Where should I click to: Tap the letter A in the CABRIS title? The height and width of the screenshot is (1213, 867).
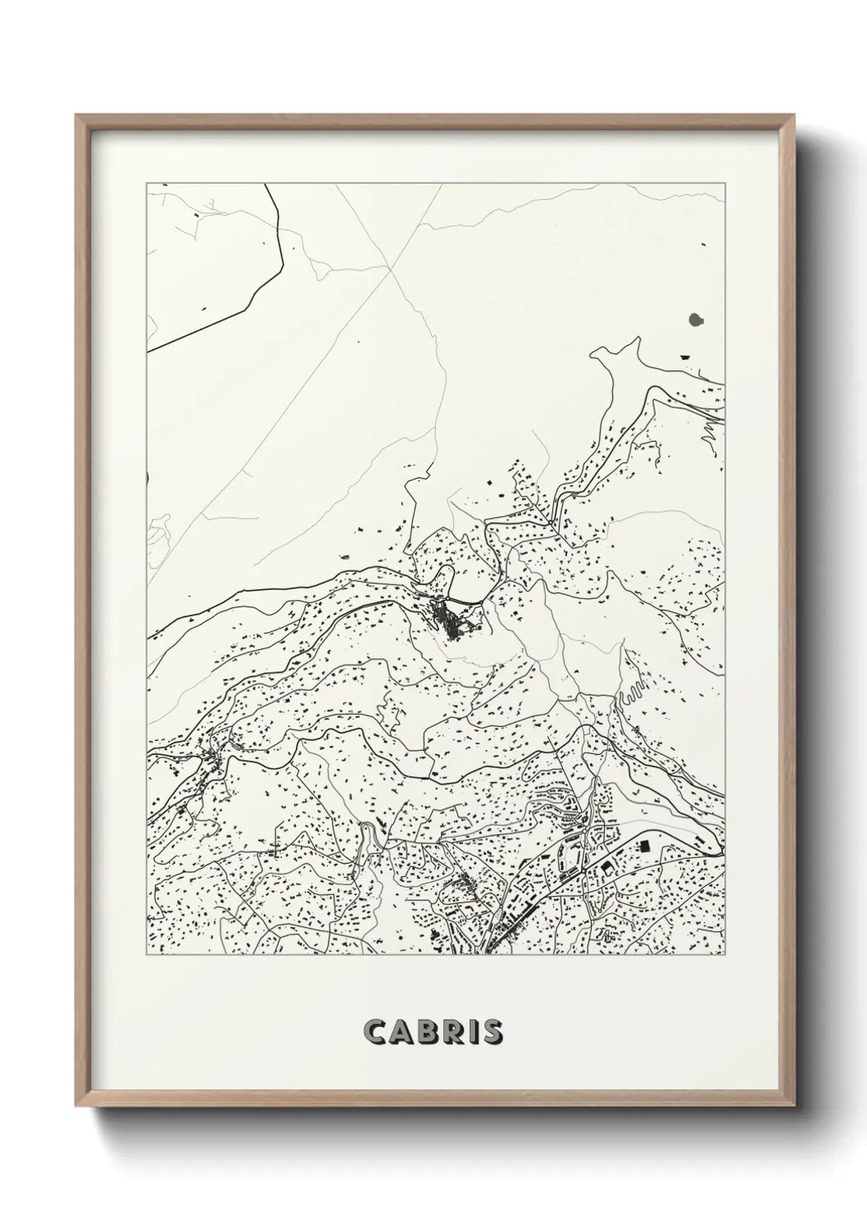[401, 1032]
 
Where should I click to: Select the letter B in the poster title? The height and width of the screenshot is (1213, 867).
[427, 1032]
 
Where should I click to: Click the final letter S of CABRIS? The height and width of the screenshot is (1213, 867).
[492, 1032]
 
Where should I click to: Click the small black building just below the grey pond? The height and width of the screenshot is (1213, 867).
[685, 357]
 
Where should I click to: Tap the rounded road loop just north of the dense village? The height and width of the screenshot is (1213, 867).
[446, 578]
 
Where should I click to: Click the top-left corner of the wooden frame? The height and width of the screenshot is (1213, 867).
[77, 116]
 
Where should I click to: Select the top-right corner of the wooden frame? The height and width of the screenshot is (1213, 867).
[794, 116]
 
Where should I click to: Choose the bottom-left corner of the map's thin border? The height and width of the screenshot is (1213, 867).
[147, 956]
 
